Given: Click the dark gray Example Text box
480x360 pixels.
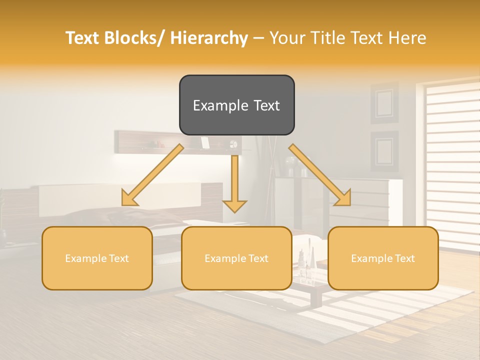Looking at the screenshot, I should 236,105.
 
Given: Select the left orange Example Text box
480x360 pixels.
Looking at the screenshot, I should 97,258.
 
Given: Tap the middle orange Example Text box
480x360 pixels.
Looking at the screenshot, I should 236,258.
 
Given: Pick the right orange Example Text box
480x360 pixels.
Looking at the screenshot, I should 383,258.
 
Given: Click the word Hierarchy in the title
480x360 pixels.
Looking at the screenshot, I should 209,38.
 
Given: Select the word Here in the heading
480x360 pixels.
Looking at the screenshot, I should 407,38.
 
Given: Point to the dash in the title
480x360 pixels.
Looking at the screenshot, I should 258,38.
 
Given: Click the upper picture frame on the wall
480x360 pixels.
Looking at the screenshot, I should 384,102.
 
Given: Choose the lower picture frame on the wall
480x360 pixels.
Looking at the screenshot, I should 384,150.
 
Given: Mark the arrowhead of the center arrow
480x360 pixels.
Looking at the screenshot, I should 234,206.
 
